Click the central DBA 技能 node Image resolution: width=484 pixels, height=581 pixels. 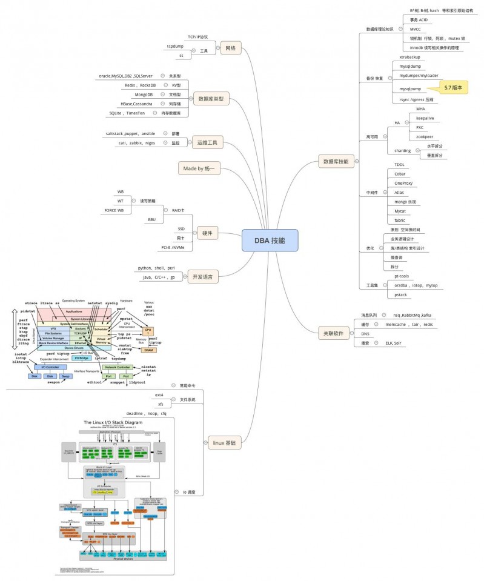click(x=270, y=240)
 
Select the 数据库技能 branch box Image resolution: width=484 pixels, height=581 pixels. click(x=336, y=161)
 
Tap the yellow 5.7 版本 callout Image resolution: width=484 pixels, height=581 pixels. click(x=453, y=88)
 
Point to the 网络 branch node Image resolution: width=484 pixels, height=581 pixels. click(x=230, y=48)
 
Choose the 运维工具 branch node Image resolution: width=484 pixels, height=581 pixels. click(x=207, y=143)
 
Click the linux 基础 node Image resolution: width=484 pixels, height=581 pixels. click(x=225, y=443)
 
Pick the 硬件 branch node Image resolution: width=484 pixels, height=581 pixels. click(x=207, y=232)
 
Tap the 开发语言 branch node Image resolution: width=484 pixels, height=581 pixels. click(x=202, y=276)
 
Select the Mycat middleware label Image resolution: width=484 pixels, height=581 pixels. click(x=400, y=211)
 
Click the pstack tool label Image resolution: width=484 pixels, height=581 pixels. click(x=400, y=294)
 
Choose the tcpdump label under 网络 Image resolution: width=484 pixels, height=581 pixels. click(x=176, y=46)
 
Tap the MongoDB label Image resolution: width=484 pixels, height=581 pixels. click(x=144, y=95)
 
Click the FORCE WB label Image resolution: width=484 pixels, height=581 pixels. click(x=114, y=210)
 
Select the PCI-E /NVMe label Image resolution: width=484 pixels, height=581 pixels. click(x=173, y=247)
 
